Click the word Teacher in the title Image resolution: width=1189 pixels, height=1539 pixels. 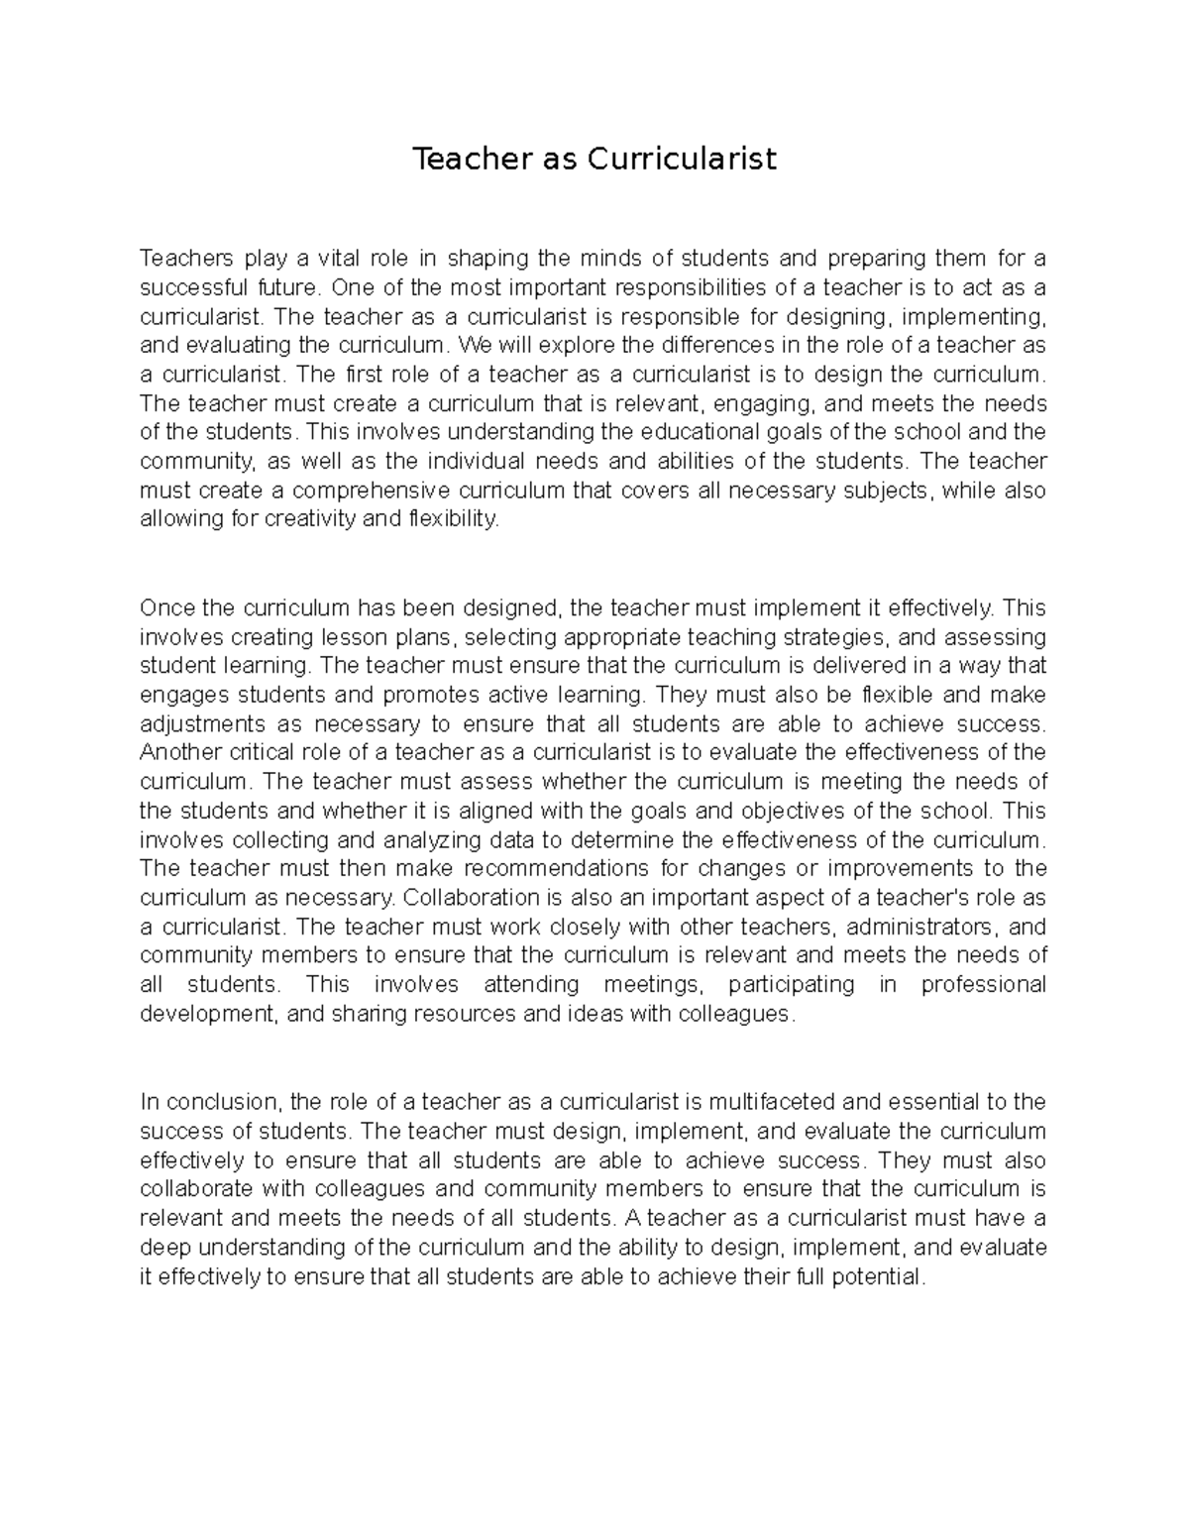pos(457,159)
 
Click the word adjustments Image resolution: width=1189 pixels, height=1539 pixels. pos(197,723)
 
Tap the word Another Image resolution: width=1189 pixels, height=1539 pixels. pos(176,752)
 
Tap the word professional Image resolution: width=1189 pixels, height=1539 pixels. pos(983,985)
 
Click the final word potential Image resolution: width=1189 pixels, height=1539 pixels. pos(876,1276)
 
